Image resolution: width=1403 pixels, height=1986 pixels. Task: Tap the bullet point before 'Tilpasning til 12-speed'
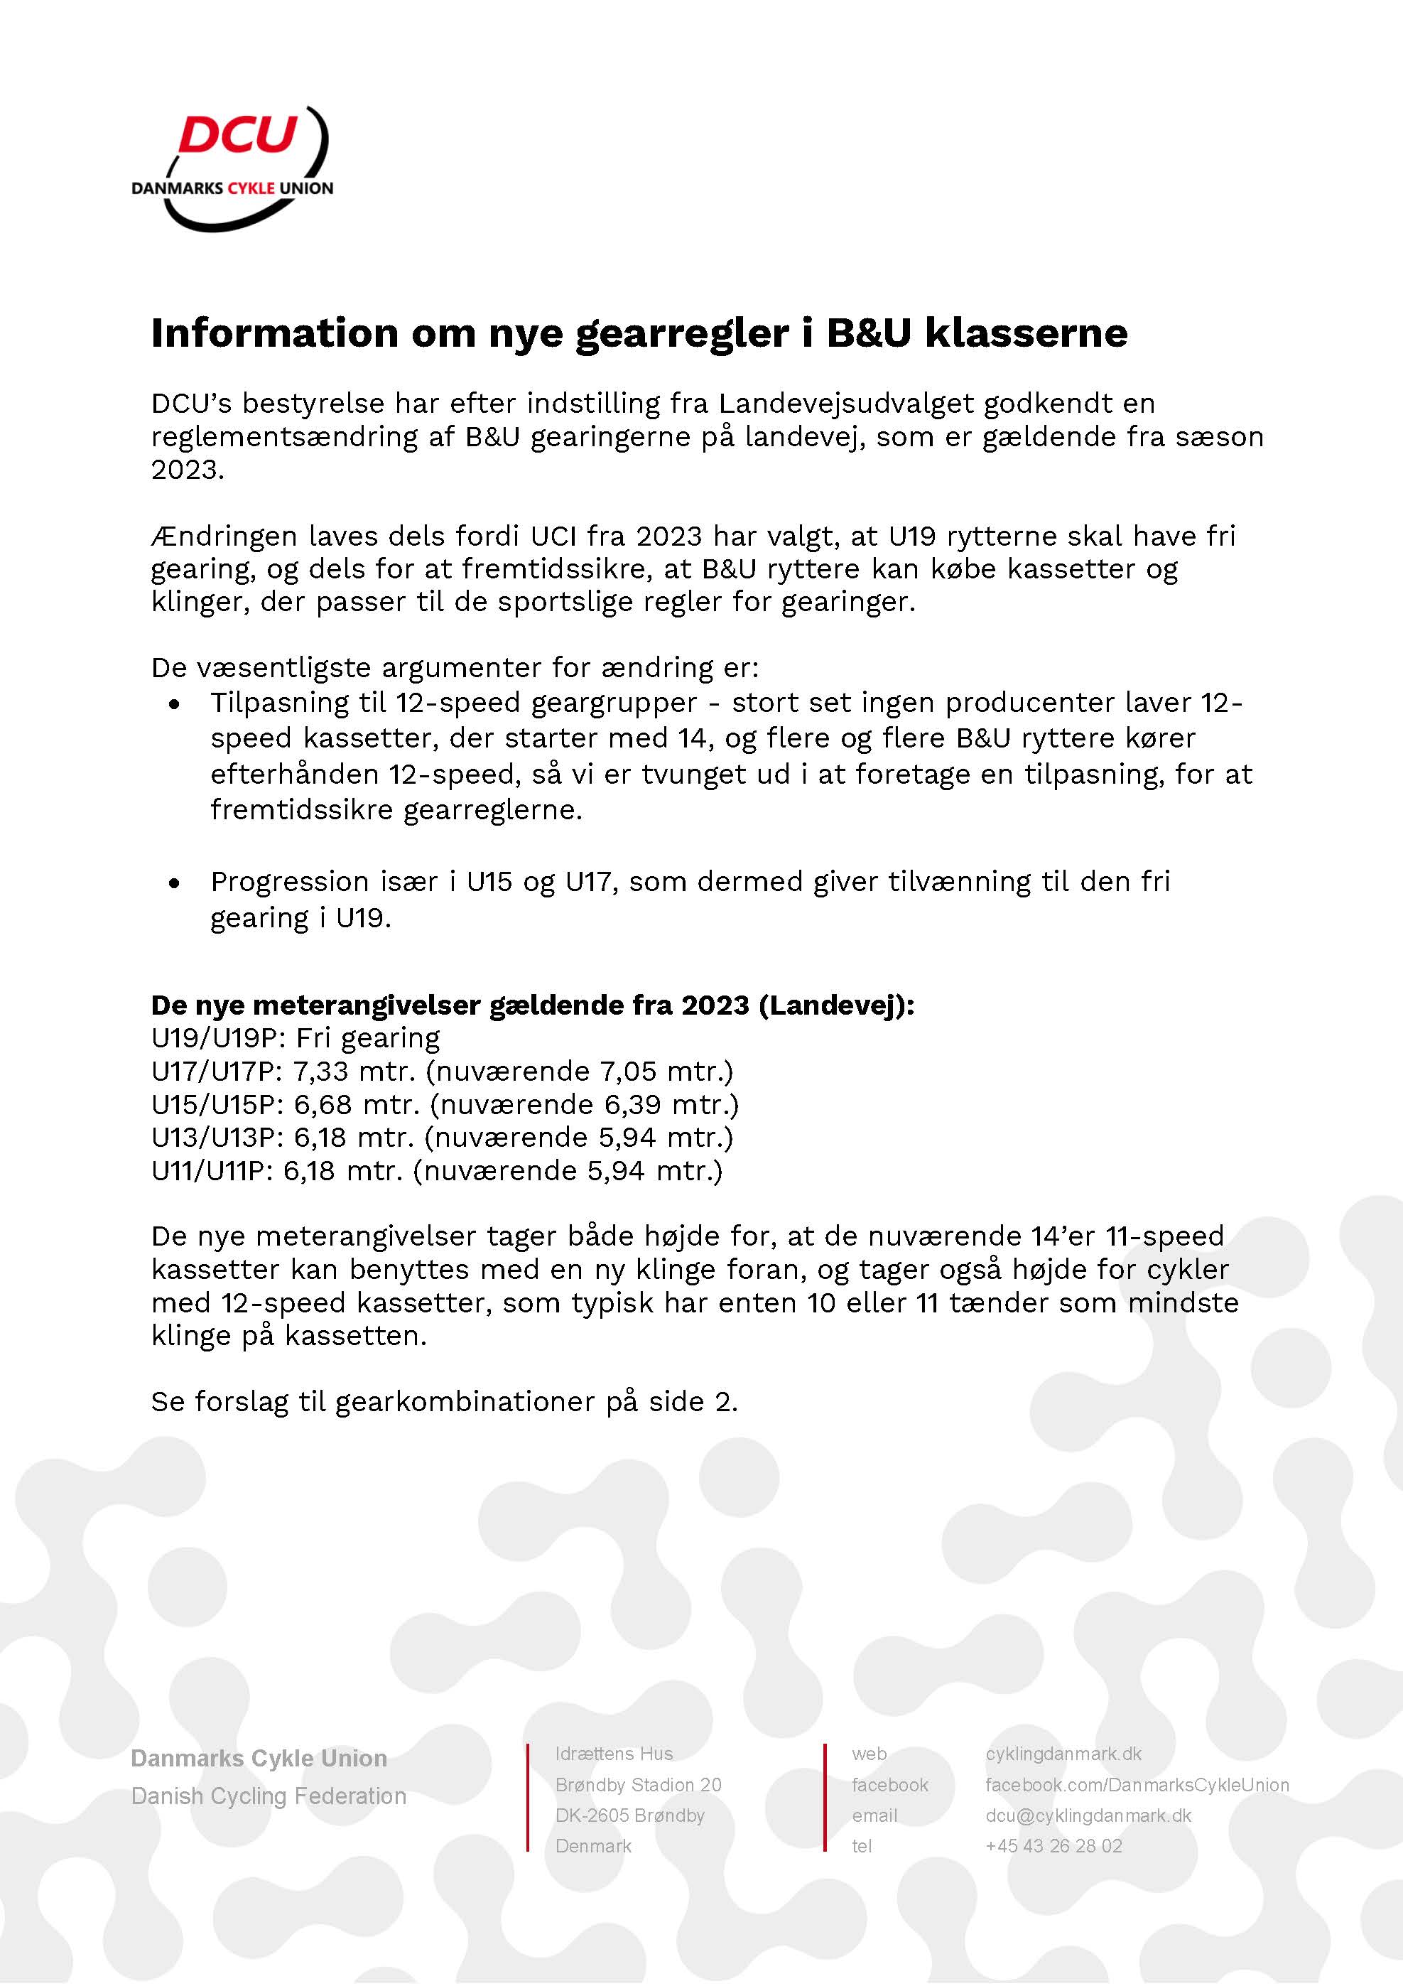175,705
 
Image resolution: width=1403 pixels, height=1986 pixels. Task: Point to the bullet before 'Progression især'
175,884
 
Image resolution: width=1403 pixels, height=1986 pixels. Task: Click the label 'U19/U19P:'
219,1038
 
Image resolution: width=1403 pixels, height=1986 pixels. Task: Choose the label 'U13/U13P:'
218,1138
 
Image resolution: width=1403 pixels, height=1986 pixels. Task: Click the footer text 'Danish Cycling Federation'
268,1796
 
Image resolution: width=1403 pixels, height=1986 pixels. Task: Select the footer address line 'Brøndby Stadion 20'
639,1784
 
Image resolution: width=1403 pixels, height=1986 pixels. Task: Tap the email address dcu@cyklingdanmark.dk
1088,1815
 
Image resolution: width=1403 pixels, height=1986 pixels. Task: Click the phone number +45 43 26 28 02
1053,1846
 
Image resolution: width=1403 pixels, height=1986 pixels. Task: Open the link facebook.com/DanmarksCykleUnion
1137,1784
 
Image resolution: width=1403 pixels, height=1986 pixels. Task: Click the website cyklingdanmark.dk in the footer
1063,1754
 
